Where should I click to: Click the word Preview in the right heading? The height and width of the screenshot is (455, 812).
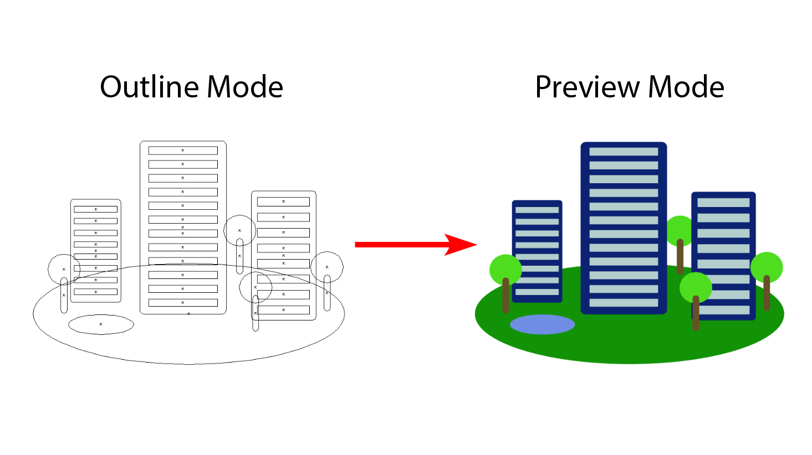pos(587,87)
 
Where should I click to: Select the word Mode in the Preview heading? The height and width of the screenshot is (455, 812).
pos(686,87)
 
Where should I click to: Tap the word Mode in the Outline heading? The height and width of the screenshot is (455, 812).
pos(245,87)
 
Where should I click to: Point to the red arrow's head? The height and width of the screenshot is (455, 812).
pos(459,244)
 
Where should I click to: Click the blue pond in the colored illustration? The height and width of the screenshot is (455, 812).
pos(542,324)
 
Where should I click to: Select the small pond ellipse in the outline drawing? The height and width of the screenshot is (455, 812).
pos(101,324)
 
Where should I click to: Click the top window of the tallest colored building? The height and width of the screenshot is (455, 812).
pos(624,152)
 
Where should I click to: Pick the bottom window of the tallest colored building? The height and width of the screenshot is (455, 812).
pos(624,303)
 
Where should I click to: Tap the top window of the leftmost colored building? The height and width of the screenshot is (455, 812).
pos(537,210)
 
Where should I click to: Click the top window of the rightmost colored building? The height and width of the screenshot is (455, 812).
pos(723,203)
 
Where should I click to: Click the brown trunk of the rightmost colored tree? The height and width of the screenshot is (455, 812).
pos(767,293)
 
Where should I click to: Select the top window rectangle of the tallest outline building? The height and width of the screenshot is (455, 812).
pos(183,151)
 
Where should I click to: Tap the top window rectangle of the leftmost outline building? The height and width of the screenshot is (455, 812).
pos(95,209)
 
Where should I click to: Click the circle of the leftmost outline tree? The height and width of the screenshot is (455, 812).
pos(64,268)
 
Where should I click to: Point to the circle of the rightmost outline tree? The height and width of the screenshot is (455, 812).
pos(327,267)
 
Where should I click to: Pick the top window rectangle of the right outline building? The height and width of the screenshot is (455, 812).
pos(283,201)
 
